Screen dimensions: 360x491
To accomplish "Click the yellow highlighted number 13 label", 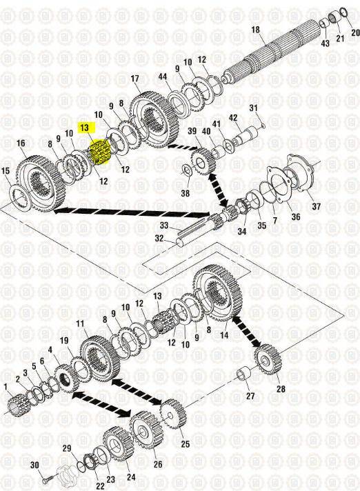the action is pos(85,128).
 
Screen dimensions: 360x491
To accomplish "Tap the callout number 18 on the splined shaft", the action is pos(255,30).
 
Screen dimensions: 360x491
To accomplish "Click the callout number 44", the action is pos(163,77).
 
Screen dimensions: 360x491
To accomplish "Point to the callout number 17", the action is pos(134,79).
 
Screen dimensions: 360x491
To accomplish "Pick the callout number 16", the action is pos(21,143).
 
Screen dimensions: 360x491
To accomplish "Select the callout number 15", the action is pos(6,171).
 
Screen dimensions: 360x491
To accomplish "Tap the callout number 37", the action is pos(316,206).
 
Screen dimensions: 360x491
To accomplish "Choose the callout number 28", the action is pos(281,389).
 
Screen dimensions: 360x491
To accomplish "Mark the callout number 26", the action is pos(158,463).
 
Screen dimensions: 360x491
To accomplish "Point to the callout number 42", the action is pos(233,118).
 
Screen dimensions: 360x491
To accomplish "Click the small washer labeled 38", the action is pos(186,170).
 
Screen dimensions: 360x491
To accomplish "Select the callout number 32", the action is pos(159,239).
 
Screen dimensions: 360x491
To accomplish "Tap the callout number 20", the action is pos(355,32).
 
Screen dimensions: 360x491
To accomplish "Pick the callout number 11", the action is pos(80,323).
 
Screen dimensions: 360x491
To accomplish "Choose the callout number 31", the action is pos(253,108).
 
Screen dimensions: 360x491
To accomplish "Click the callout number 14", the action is pos(224,335).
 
